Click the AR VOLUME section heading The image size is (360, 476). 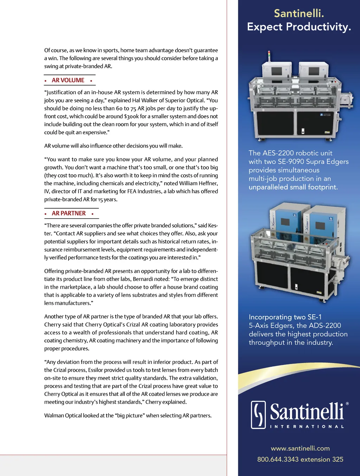pos(68,80)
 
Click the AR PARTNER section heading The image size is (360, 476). pos(69,213)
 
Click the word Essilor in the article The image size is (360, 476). pos(100,370)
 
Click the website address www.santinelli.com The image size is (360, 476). pos(300,448)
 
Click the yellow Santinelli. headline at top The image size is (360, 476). pos(299,13)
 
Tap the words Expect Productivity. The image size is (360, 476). pos(299,27)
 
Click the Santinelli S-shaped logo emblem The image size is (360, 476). pos(258,415)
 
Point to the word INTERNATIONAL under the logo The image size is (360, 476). pos(307,426)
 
